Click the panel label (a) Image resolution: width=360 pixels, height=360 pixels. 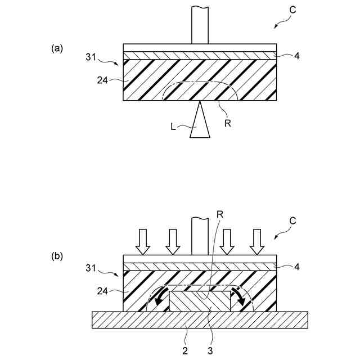tap(56, 48)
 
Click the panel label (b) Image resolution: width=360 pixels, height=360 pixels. tap(57, 256)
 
